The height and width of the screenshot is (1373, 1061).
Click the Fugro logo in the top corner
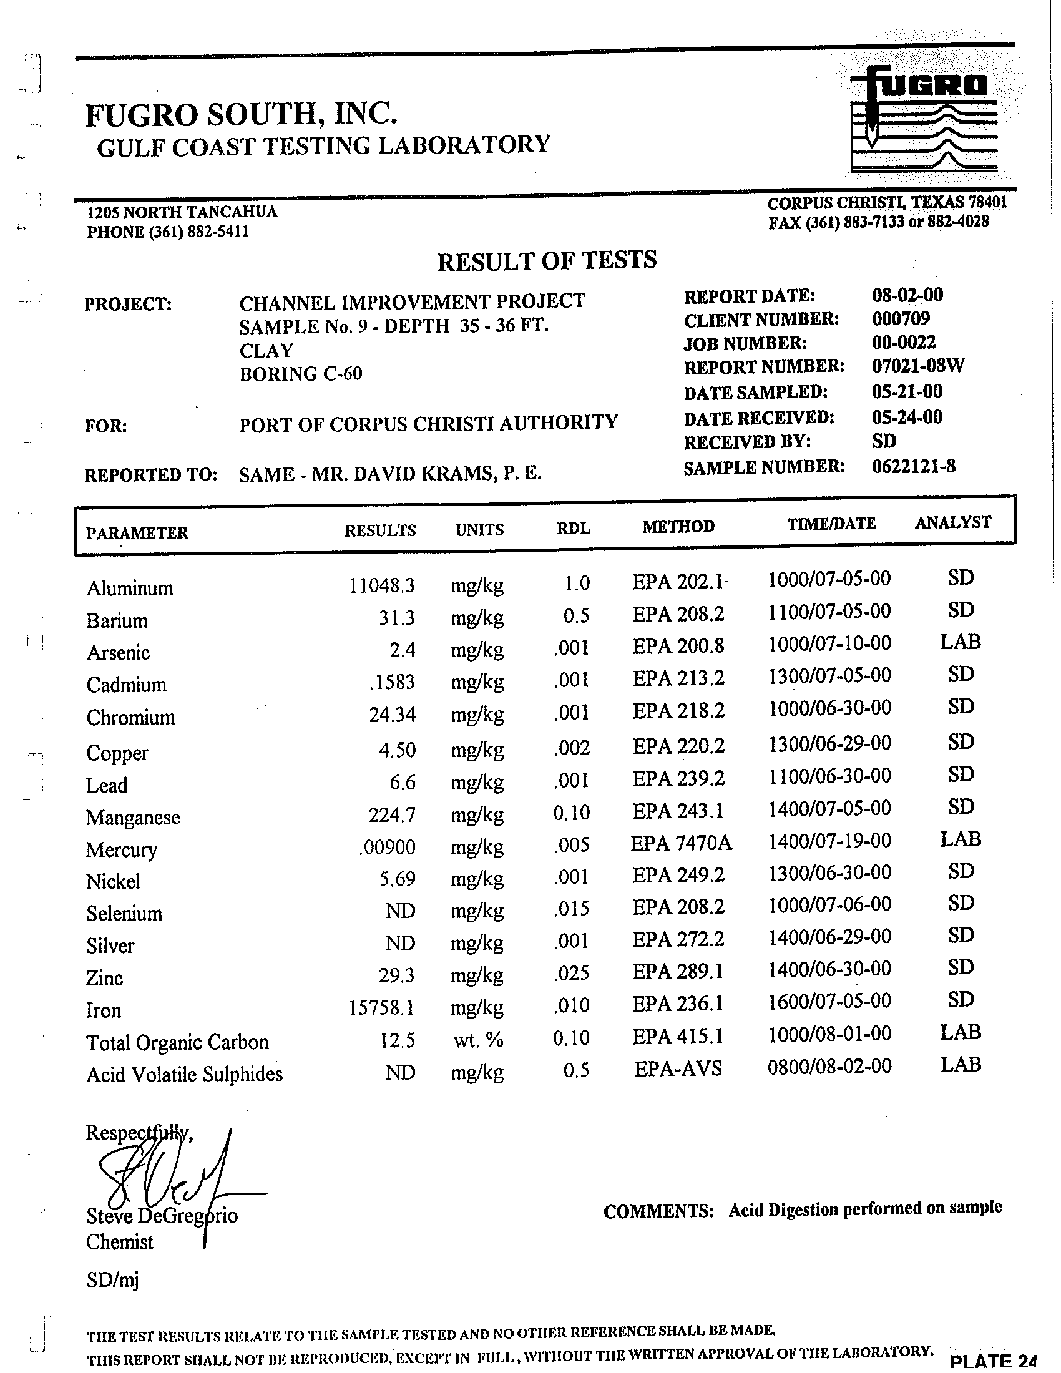[x=924, y=119]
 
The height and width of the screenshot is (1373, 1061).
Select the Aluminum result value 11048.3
[x=381, y=586]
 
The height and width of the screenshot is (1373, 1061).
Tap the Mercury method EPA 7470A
[x=681, y=843]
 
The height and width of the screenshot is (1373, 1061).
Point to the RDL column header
[x=573, y=528]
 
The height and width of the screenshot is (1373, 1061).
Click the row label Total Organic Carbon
[x=177, y=1042]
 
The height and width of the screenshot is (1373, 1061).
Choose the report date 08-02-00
[x=907, y=295]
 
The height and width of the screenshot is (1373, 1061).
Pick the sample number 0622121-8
[x=913, y=466]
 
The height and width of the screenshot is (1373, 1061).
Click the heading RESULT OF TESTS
[x=547, y=260]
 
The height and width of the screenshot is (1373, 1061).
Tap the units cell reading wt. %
[x=477, y=1040]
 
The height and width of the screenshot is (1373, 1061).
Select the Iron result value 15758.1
[x=381, y=1009]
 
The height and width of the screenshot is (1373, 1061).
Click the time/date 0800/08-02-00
[x=829, y=1066]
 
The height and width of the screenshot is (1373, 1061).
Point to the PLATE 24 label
[x=992, y=1361]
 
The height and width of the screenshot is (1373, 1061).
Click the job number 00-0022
[x=903, y=342]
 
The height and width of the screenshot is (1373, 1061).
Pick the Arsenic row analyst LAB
[x=960, y=642]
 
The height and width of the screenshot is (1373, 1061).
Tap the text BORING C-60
[x=300, y=374]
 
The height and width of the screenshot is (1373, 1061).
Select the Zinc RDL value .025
[x=572, y=974]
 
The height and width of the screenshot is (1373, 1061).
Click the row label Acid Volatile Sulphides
[x=184, y=1075]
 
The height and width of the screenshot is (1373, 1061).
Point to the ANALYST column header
[x=952, y=522]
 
